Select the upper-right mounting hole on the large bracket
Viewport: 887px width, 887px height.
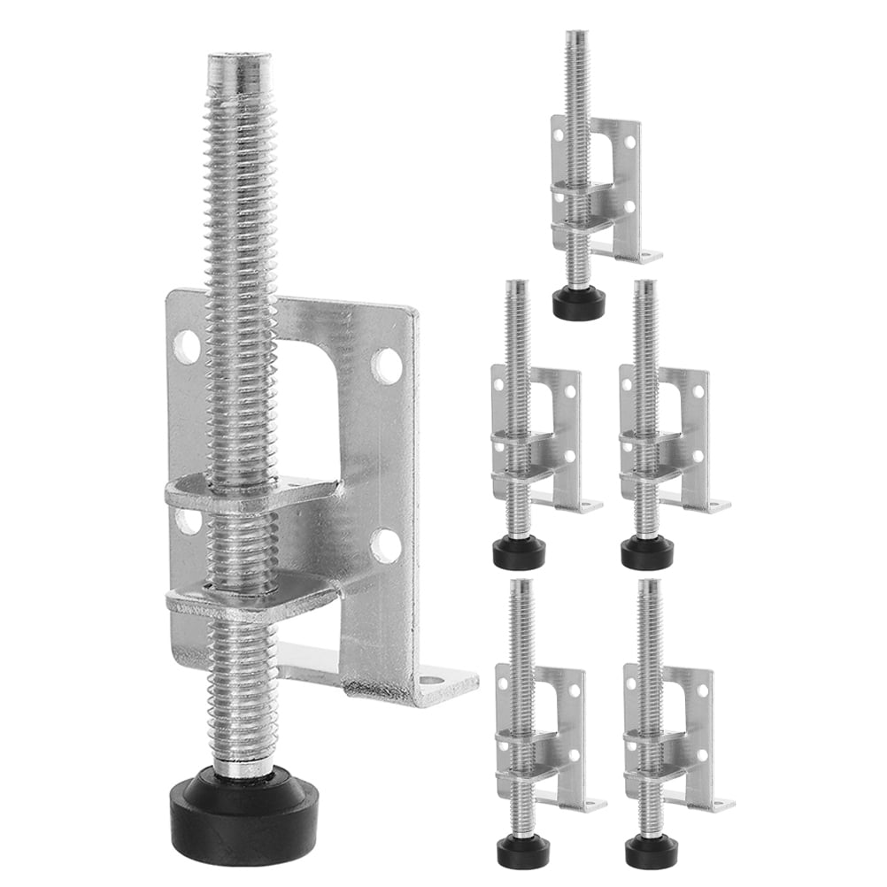point(386,362)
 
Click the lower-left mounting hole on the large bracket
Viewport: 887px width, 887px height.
point(187,521)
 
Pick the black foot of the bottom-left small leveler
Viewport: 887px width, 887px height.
point(522,851)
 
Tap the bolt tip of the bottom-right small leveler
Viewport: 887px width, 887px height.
point(649,583)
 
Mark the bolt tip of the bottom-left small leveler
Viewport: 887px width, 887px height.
point(521,583)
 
